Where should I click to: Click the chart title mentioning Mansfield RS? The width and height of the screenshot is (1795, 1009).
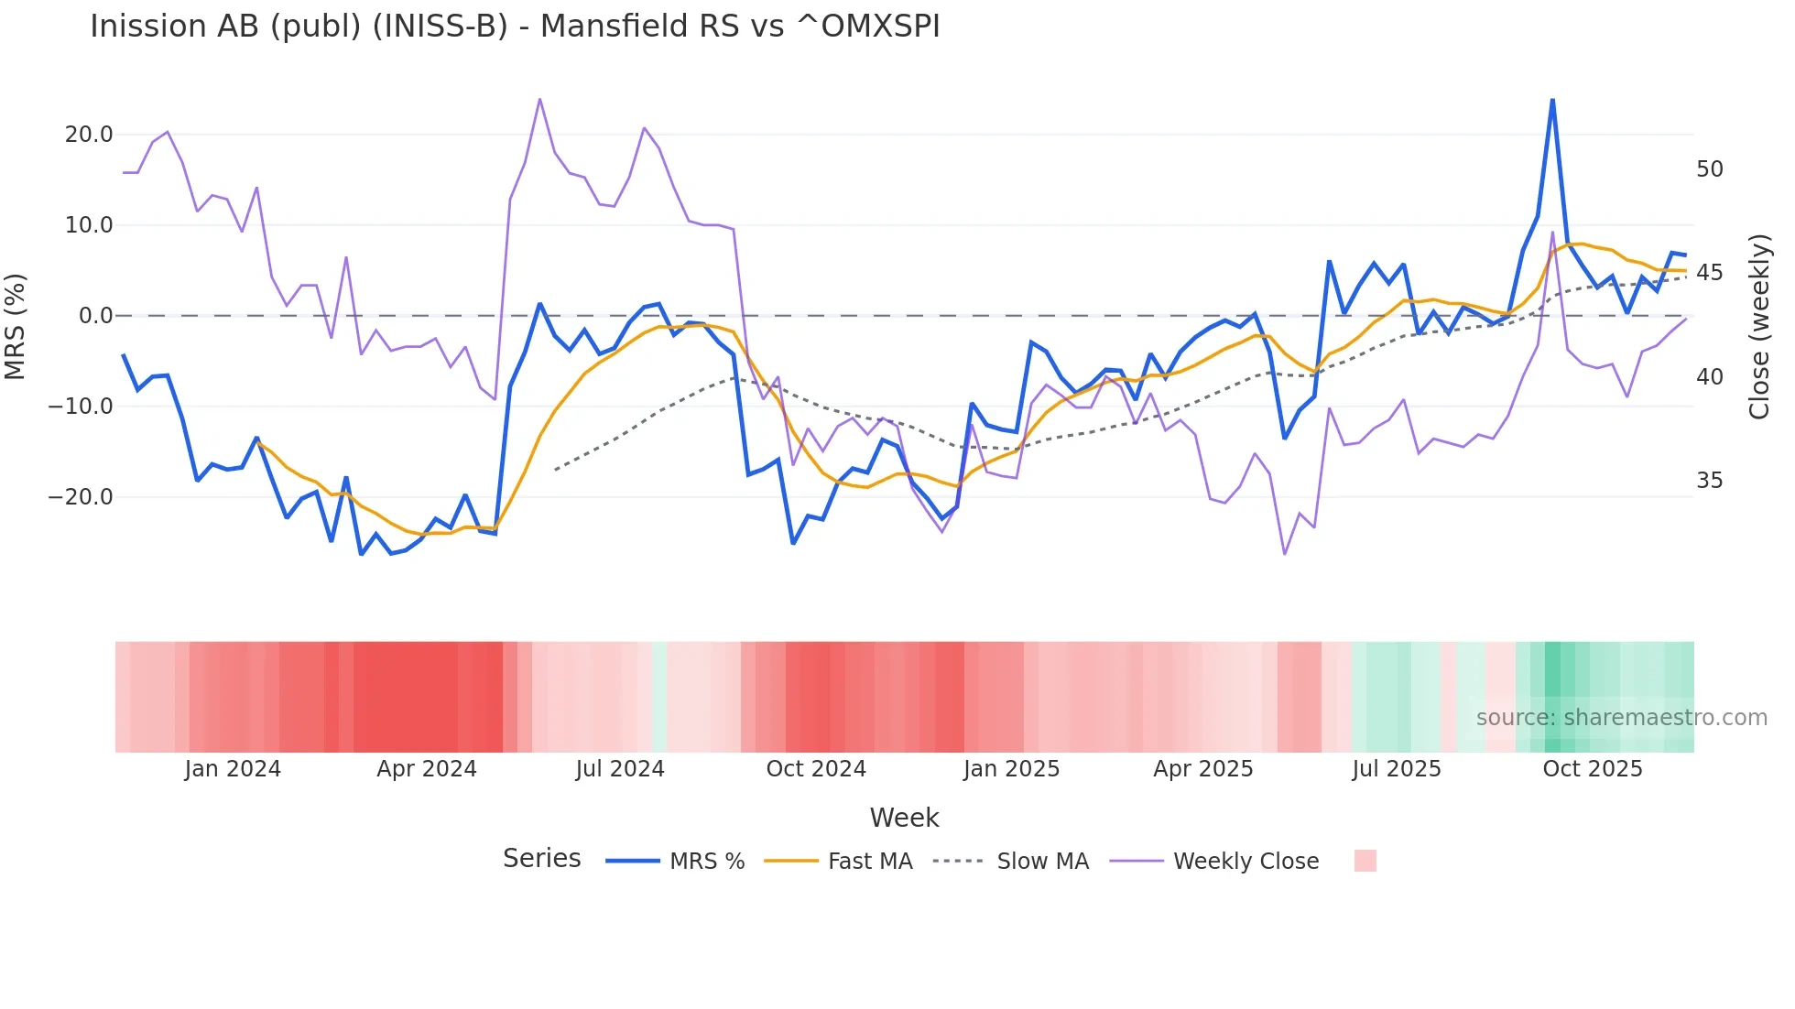[515, 27]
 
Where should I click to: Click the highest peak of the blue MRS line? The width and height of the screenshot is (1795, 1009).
[1552, 100]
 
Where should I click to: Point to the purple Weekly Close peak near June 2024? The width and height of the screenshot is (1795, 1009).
[539, 99]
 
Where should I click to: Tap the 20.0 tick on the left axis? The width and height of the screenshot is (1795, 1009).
[89, 135]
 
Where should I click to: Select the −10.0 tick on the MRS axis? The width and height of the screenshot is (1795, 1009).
[82, 407]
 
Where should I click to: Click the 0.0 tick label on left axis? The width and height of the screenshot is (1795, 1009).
[95, 316]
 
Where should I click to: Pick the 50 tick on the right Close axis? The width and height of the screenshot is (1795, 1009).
[1709, 169]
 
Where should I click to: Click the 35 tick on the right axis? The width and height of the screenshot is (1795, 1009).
[1709, 481]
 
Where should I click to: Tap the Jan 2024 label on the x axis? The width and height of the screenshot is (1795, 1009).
[233, 769]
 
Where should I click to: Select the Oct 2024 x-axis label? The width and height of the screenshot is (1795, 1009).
[816, 769]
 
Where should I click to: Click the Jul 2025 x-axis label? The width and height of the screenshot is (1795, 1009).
[1396, 769]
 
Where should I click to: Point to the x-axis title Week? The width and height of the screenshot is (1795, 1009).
[904, 818]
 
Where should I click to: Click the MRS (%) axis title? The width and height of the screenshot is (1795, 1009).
[16, 326]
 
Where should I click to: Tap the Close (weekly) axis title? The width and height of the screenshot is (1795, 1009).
[1758, 327]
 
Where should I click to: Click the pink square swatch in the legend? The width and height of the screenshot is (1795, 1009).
[1365, 861]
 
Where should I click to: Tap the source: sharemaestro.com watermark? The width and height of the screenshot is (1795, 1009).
[1621, 718]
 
